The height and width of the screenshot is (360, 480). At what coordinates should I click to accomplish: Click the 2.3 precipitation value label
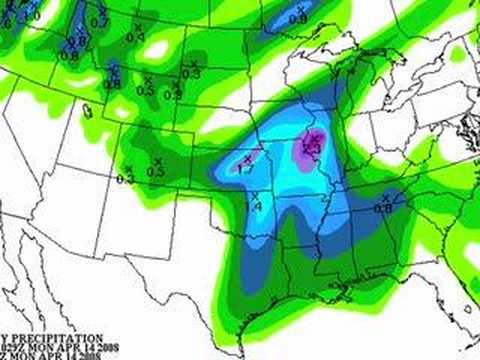[x=311, y=148]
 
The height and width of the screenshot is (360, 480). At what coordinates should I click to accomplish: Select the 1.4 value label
[x=254, y=206]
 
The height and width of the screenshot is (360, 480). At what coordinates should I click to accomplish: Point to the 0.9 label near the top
[x=297, y=19]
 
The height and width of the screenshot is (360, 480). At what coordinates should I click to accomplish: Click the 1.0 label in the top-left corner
[x=32, y=16]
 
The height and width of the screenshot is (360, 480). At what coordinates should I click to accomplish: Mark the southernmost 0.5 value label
[x=156, y=172]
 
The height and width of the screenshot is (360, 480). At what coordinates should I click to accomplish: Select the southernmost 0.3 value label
[x=125, y=179]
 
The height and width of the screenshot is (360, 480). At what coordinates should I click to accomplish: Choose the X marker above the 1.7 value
[x=247, y=159]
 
